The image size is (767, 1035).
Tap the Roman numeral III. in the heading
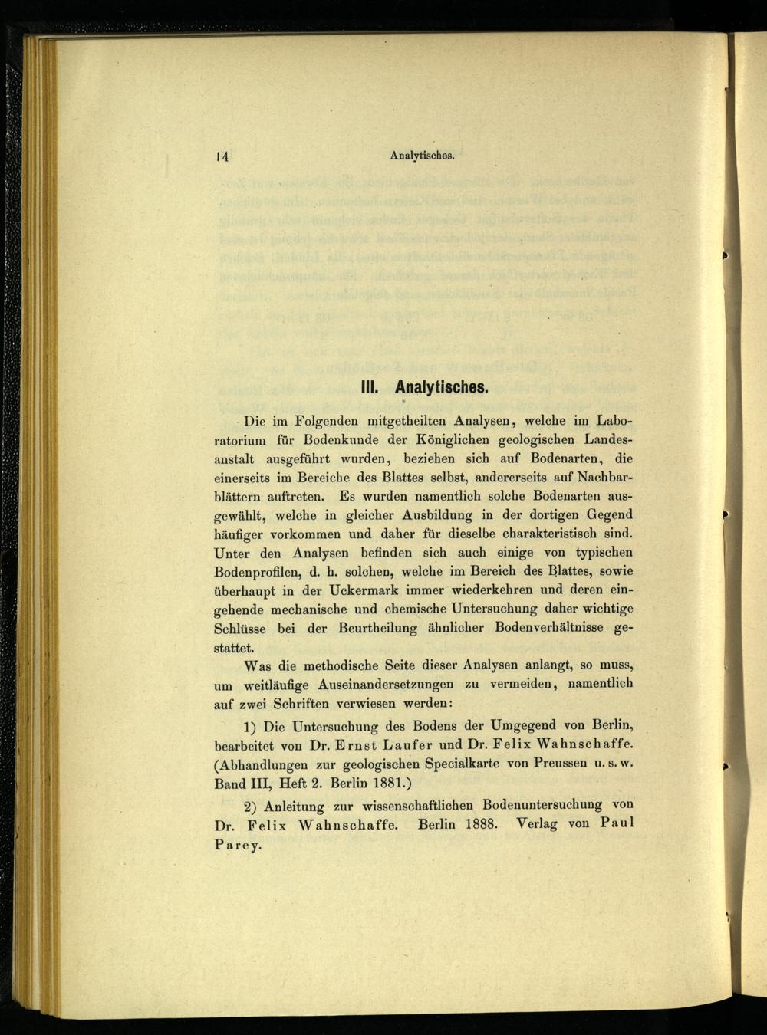372,387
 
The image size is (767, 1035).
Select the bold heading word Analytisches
443,387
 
